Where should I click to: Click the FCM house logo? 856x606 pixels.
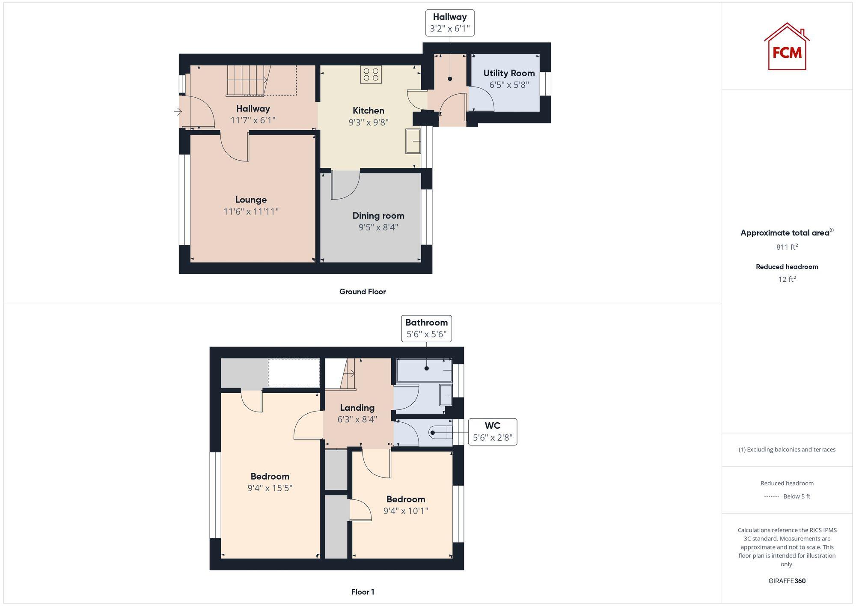787,47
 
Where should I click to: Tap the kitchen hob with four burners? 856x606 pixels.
371,75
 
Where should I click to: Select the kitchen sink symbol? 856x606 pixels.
413,140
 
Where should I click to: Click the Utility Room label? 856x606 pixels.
509,73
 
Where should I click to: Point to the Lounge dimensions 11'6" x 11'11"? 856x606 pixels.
251,212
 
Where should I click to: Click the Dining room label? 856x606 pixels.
378,216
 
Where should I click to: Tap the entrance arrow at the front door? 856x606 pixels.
178,112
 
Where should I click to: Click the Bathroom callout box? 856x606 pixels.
426,328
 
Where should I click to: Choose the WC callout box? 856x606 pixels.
492,432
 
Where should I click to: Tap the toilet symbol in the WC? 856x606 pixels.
441,433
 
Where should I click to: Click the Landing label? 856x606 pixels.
357,408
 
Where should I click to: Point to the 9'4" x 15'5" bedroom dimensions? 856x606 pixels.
270,488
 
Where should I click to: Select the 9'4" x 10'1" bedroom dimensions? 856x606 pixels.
405,511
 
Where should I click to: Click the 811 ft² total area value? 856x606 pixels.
787,247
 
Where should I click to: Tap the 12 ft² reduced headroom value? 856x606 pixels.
787,279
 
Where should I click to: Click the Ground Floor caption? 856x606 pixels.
362,292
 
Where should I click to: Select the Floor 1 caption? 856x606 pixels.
363,592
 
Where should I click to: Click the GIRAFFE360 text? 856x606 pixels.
787,581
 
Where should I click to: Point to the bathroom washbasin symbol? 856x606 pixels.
446,394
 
